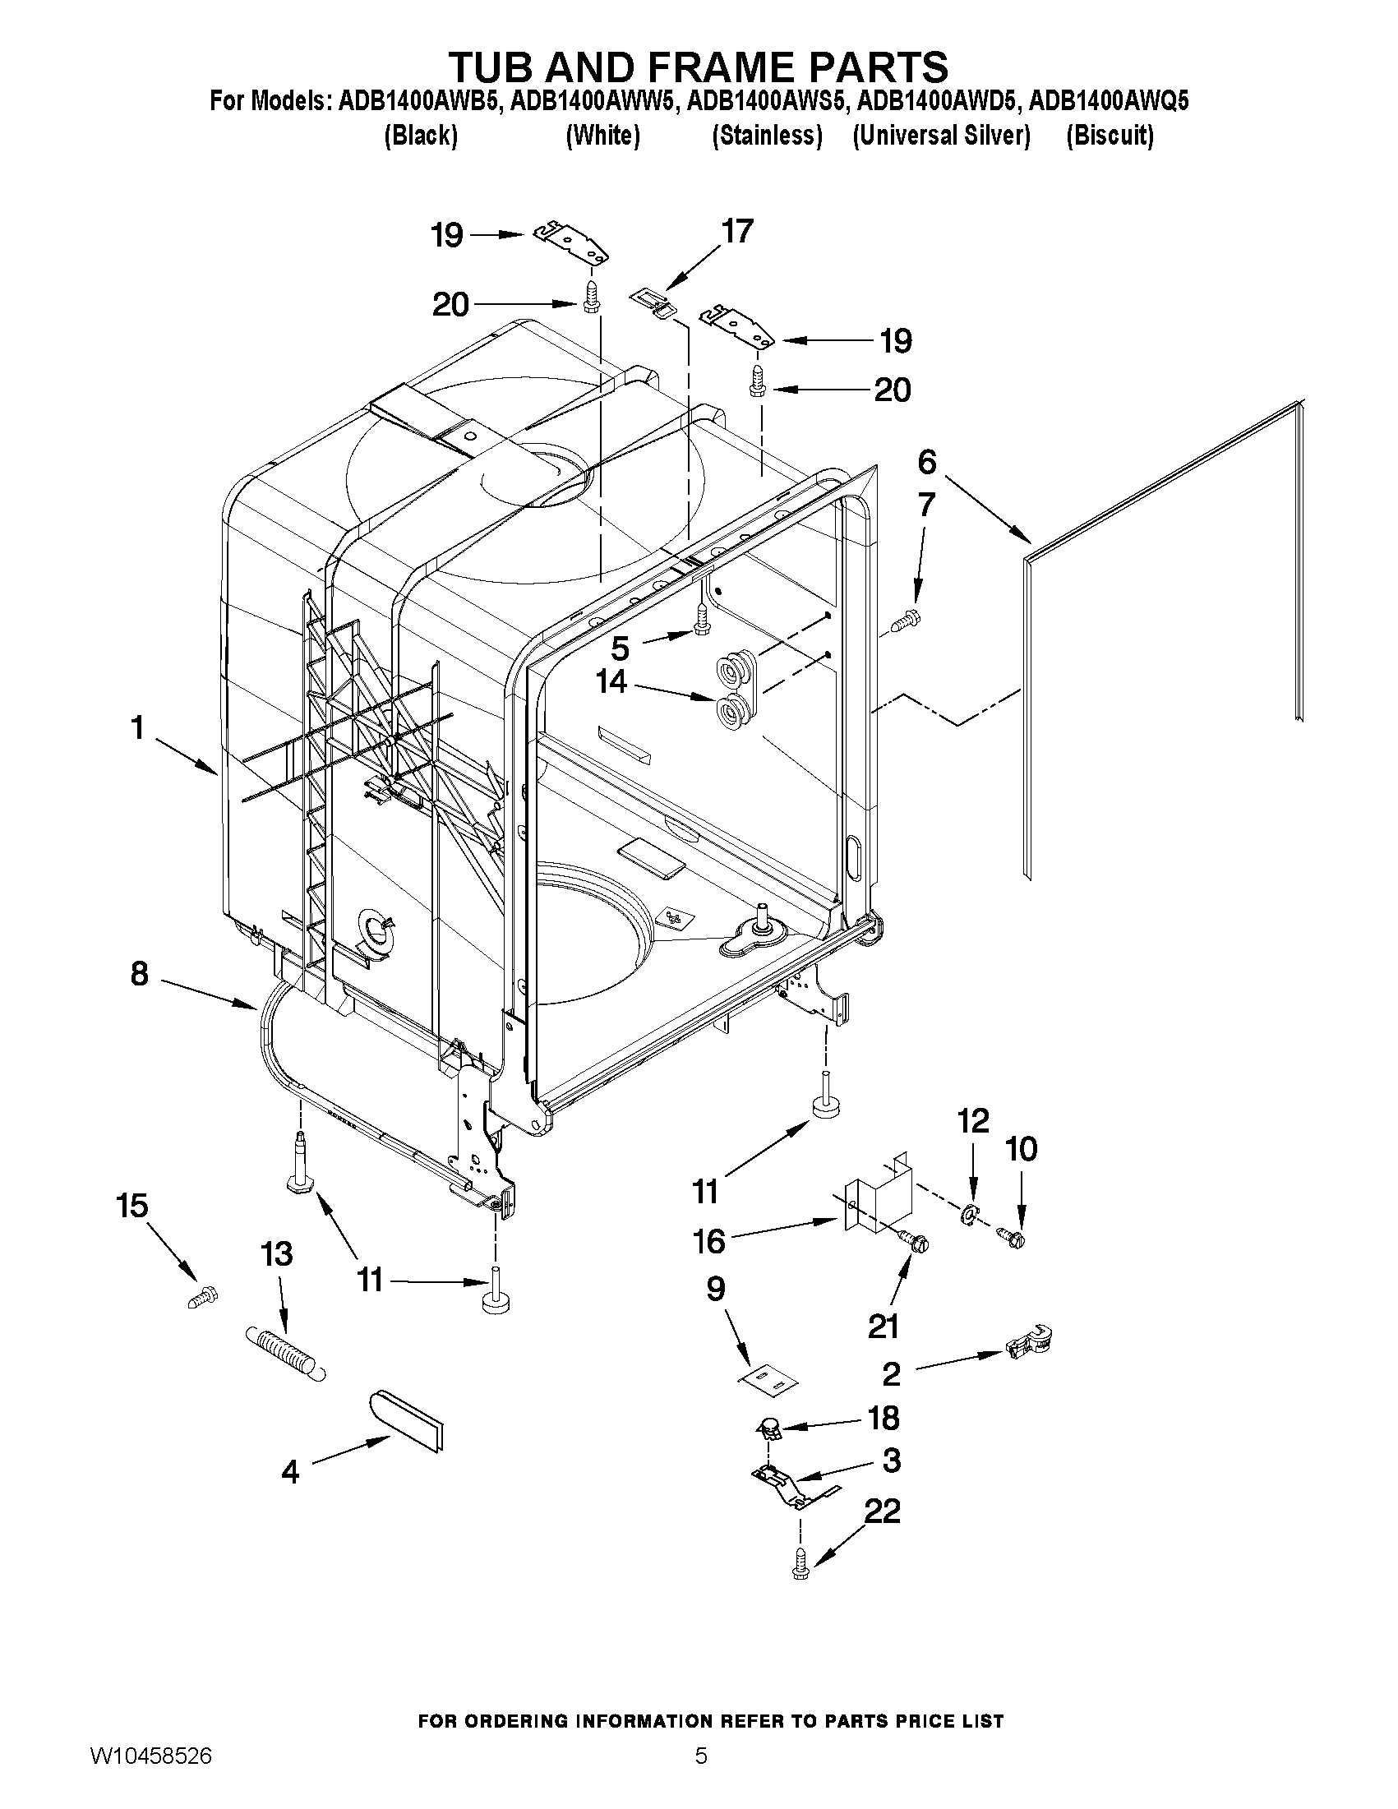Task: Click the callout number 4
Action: [290, 1472]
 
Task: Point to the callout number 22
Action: [883, 1511]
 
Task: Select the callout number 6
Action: [927, 462]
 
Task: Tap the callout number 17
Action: [737, 231]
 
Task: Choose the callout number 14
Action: [612, 681]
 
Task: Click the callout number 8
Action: [139, 973]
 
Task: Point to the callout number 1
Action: [137, 728]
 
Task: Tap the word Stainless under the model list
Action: [767, 136]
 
